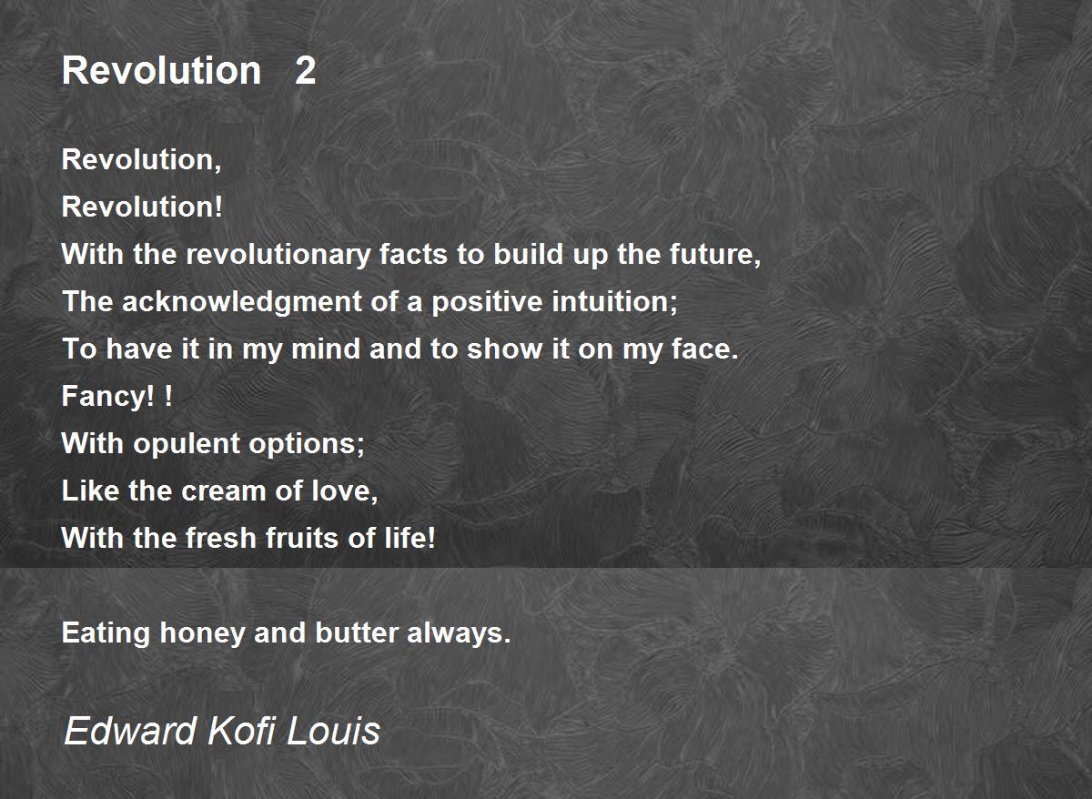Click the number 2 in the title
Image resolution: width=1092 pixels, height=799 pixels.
coord(305,71)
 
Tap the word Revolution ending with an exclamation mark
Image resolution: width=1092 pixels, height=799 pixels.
coord(142,207)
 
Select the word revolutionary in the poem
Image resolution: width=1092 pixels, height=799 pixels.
coord(278,256)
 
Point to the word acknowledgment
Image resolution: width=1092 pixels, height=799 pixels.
coord(242,302)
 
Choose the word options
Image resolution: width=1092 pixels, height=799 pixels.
coord(307,444)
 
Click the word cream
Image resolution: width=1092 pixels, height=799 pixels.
coord(223,491)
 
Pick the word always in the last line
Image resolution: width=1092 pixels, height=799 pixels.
coord(459,633)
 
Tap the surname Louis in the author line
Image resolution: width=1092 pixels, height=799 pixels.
coord(333,731)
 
